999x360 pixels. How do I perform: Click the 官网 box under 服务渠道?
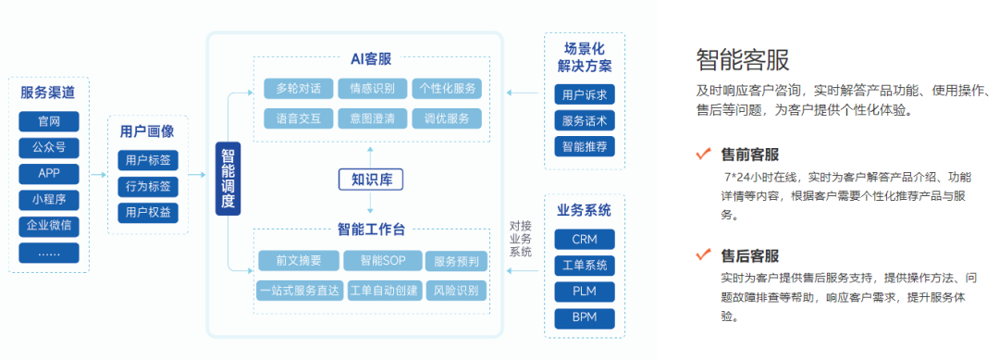tap(49, 121)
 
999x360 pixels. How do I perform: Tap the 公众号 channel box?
tap(49, 147)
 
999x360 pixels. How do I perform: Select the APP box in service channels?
tap(49, 173)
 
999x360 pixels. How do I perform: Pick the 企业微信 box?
tap(49, 227)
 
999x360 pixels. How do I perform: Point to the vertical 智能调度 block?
tap(228, 179)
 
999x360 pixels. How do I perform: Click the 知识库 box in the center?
tap(370, 179)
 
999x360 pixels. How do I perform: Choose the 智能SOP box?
tap(382, 261)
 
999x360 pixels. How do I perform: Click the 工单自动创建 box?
tap(382, 290)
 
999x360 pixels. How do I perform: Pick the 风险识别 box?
tap(456, 290)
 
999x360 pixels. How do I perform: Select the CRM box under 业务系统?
tap(584, 239)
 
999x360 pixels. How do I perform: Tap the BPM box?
tap(584, 319)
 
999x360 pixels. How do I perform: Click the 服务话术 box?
tap(585, 120)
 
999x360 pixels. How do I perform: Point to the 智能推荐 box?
tap(585, 146)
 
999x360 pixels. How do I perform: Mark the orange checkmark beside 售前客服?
tap(703, 154)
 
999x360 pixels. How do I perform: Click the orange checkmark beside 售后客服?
tap(703, 254)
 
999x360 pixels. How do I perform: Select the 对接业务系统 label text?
tap(521, 239)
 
